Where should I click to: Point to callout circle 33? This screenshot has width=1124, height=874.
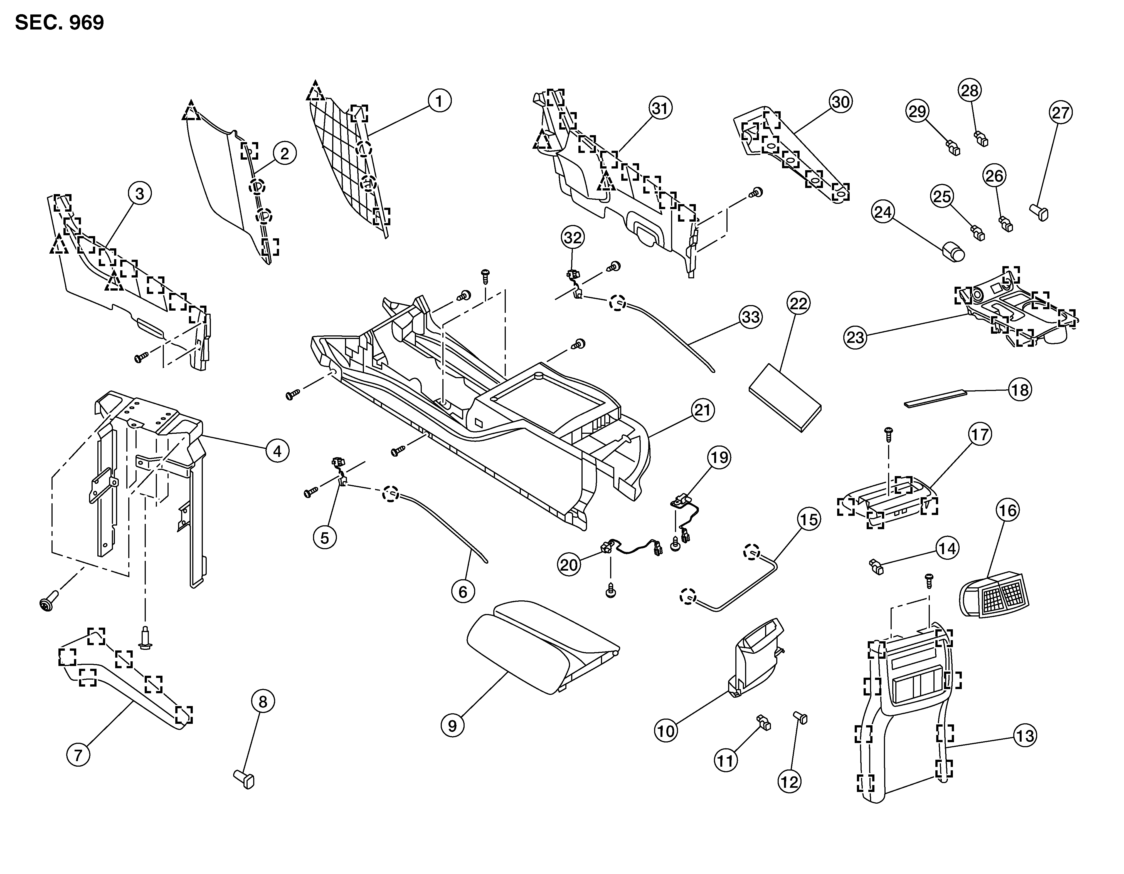pyautogui.click(x=750, y=317)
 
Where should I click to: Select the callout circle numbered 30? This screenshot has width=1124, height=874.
pyautogui.click(x=840, y=102)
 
